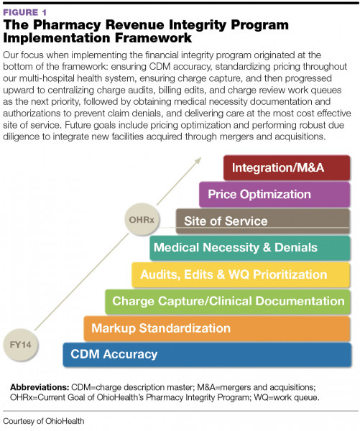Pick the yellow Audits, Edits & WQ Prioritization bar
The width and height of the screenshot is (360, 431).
[x=241, y=274]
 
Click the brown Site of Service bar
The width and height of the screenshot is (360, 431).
[x=263, y=221]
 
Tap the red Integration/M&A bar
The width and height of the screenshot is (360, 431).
[x=287, y=167]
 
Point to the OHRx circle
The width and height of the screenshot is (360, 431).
[x=141, y=215]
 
